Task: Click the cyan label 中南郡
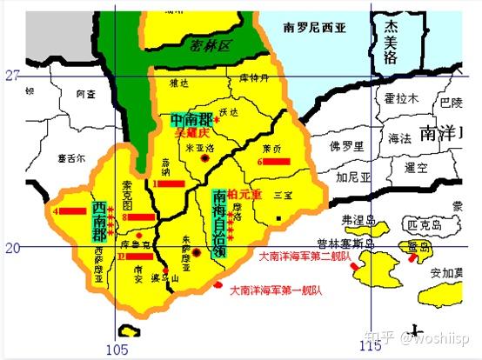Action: (192, 120)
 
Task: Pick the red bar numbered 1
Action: (168, 183)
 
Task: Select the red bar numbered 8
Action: (141, 217)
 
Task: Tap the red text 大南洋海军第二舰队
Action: (305, 256)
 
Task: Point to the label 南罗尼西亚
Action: (314, 29)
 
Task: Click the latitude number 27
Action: (11, 76)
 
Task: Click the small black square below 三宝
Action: (278, 217)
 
